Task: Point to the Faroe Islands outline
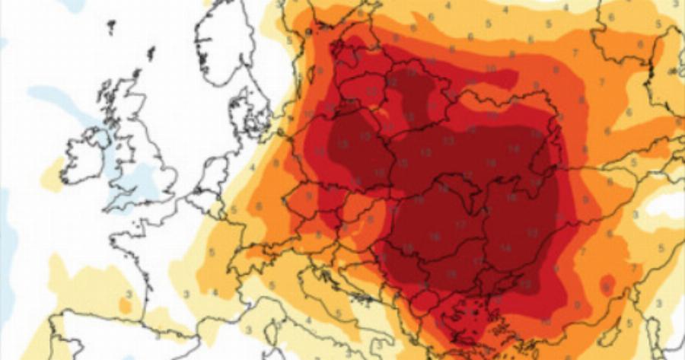[x=111, y=27]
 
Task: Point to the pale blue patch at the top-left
[x=72, y=5]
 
